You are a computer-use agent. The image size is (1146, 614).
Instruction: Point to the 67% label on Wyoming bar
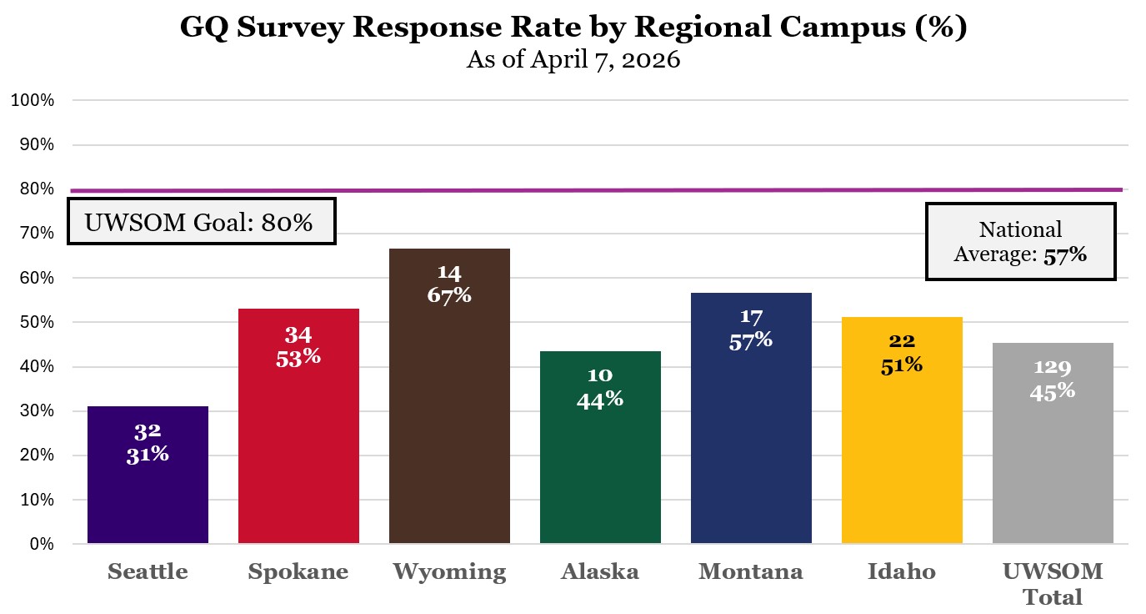[449, 294]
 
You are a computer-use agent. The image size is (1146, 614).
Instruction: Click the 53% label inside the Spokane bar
[298, 356]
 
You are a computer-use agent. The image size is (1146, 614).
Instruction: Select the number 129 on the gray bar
[1053, 367]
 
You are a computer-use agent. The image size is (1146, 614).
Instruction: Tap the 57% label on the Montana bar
[751, 340]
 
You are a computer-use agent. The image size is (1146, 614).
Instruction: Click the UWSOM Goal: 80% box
[201, 222]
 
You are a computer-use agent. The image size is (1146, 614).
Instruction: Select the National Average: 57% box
[1020, 242]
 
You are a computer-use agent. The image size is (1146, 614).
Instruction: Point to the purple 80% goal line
[583, 190]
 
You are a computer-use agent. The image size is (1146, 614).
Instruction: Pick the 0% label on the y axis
[42, 545]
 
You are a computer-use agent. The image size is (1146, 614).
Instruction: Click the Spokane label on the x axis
[298, 571]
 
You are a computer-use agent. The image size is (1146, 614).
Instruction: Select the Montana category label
[751, 571]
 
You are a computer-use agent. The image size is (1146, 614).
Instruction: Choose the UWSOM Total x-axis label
[1053, 584]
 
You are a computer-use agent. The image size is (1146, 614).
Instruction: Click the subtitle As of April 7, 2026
[573, 61]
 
